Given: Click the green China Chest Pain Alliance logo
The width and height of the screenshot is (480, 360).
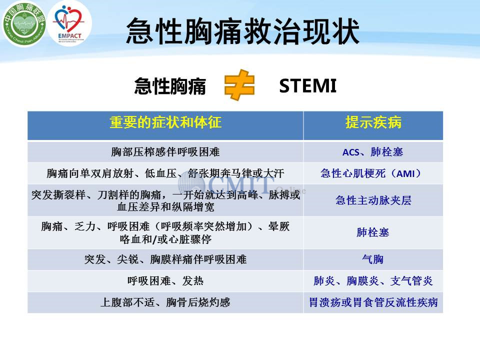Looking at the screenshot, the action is (24, 23).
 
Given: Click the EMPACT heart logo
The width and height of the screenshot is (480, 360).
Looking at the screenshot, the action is (69, 23).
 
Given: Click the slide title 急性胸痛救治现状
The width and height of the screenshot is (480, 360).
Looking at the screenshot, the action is (242, 31).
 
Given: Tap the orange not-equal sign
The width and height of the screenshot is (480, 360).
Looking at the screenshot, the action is (239, 85).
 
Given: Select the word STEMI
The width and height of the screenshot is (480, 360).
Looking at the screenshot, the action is (307, 85).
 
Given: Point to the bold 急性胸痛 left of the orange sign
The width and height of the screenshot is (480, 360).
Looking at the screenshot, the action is (170, 86).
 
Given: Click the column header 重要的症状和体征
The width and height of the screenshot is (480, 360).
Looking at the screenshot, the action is (165, 122).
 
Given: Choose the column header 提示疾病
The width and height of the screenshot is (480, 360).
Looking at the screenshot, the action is (373, 122).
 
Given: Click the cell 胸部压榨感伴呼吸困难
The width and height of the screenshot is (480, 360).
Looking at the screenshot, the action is (165, 152).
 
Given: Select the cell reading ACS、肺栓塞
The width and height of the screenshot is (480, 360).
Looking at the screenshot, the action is (373, 152).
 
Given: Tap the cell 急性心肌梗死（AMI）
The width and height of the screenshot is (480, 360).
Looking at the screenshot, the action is (373, 173).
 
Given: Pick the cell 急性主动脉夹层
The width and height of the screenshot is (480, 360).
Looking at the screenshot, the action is (373, 200).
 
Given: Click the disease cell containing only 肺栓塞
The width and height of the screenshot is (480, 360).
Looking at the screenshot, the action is (373, 232).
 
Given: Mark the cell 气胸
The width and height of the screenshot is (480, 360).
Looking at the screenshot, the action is (373, 259).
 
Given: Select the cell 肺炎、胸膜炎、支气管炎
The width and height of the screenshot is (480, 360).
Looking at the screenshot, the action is (373, 281).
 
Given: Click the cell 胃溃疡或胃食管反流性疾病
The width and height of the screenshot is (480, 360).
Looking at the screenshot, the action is (373, 302).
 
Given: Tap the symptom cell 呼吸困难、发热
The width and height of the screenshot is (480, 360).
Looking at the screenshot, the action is (165, 281).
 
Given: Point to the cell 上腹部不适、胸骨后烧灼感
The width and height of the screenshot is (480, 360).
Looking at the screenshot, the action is (165, 302).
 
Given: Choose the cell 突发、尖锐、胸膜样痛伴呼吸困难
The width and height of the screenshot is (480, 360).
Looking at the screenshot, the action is (165, 259).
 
